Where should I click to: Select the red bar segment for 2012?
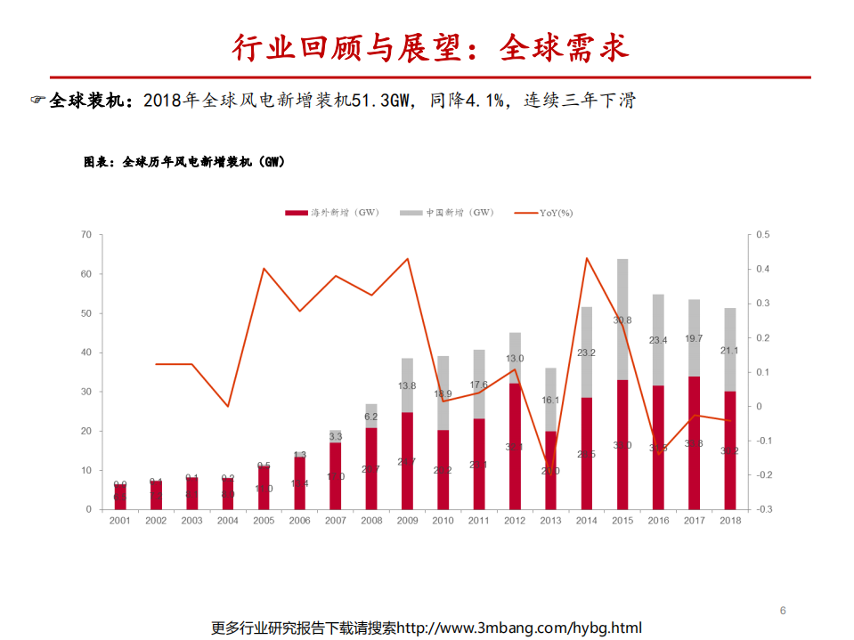point(515,445)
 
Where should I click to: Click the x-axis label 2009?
point(407,520)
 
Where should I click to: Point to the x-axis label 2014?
point(586,520)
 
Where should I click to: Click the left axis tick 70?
point(86,235)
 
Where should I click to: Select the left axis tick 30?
point(86,392)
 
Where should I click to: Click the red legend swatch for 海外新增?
point(296,213)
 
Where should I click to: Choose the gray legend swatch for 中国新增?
point(411,213)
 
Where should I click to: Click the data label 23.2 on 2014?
point(586,352)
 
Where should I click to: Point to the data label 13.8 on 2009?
point(407,385)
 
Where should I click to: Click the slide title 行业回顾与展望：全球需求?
point(430,48)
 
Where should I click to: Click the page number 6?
point(783,611)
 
